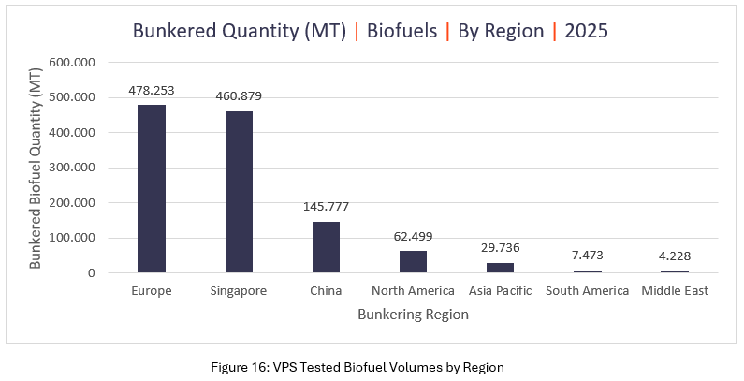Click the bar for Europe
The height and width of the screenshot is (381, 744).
tap(152, 189)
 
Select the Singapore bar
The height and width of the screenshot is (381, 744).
tap(239, 192)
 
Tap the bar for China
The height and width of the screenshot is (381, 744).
tap(326, 247)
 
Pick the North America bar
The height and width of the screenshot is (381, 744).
tap(413, 261)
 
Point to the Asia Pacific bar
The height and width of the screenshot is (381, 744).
tap(500, 268)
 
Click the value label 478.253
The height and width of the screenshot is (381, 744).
tap(152, 91)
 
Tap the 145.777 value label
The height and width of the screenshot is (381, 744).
tap(326, 207)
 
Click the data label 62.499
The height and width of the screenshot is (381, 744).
tap(413, 236)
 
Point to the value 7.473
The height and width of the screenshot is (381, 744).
tap(587, 256)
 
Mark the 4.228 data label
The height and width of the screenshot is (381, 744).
tap(674, 256)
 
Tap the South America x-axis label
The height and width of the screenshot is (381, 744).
tap(587, 291)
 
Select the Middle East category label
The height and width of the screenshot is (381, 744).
tap(675, 291)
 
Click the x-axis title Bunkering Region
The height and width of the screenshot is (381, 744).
tap(413, 315)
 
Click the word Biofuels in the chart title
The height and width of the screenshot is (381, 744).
tap(402, 31)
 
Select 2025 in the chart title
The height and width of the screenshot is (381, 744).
tap(587, 31)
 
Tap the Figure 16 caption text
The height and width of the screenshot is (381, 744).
tap(372, 366)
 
